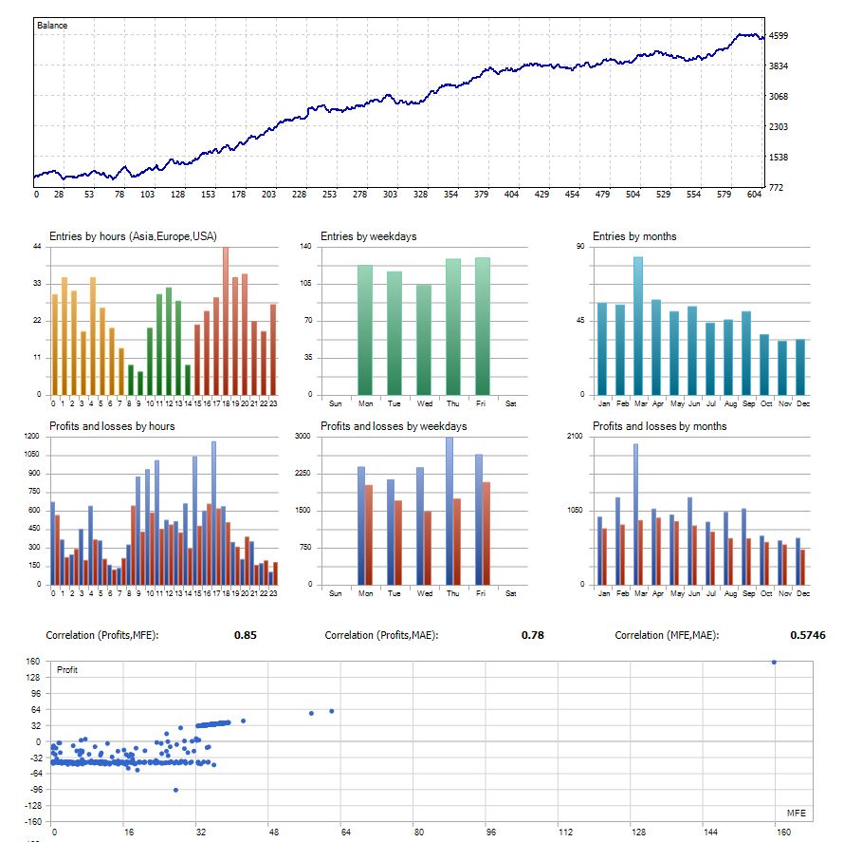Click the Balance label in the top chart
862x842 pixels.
[52, 26]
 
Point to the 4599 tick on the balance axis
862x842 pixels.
[779, 36]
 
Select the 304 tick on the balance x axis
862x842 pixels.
[390, 195]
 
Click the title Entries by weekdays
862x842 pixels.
[368, 236]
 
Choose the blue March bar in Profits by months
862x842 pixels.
[634, 514]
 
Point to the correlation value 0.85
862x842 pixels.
[246, 635]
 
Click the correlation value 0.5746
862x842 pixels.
[808, 635]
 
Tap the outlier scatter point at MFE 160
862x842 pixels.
[774, 662]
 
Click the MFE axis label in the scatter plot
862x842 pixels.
[796, 814]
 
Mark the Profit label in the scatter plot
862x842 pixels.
[67, 670]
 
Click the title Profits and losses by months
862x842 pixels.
[659, 426]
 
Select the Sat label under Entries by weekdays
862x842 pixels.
[511, 403]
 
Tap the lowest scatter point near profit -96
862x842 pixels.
[175, 790]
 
